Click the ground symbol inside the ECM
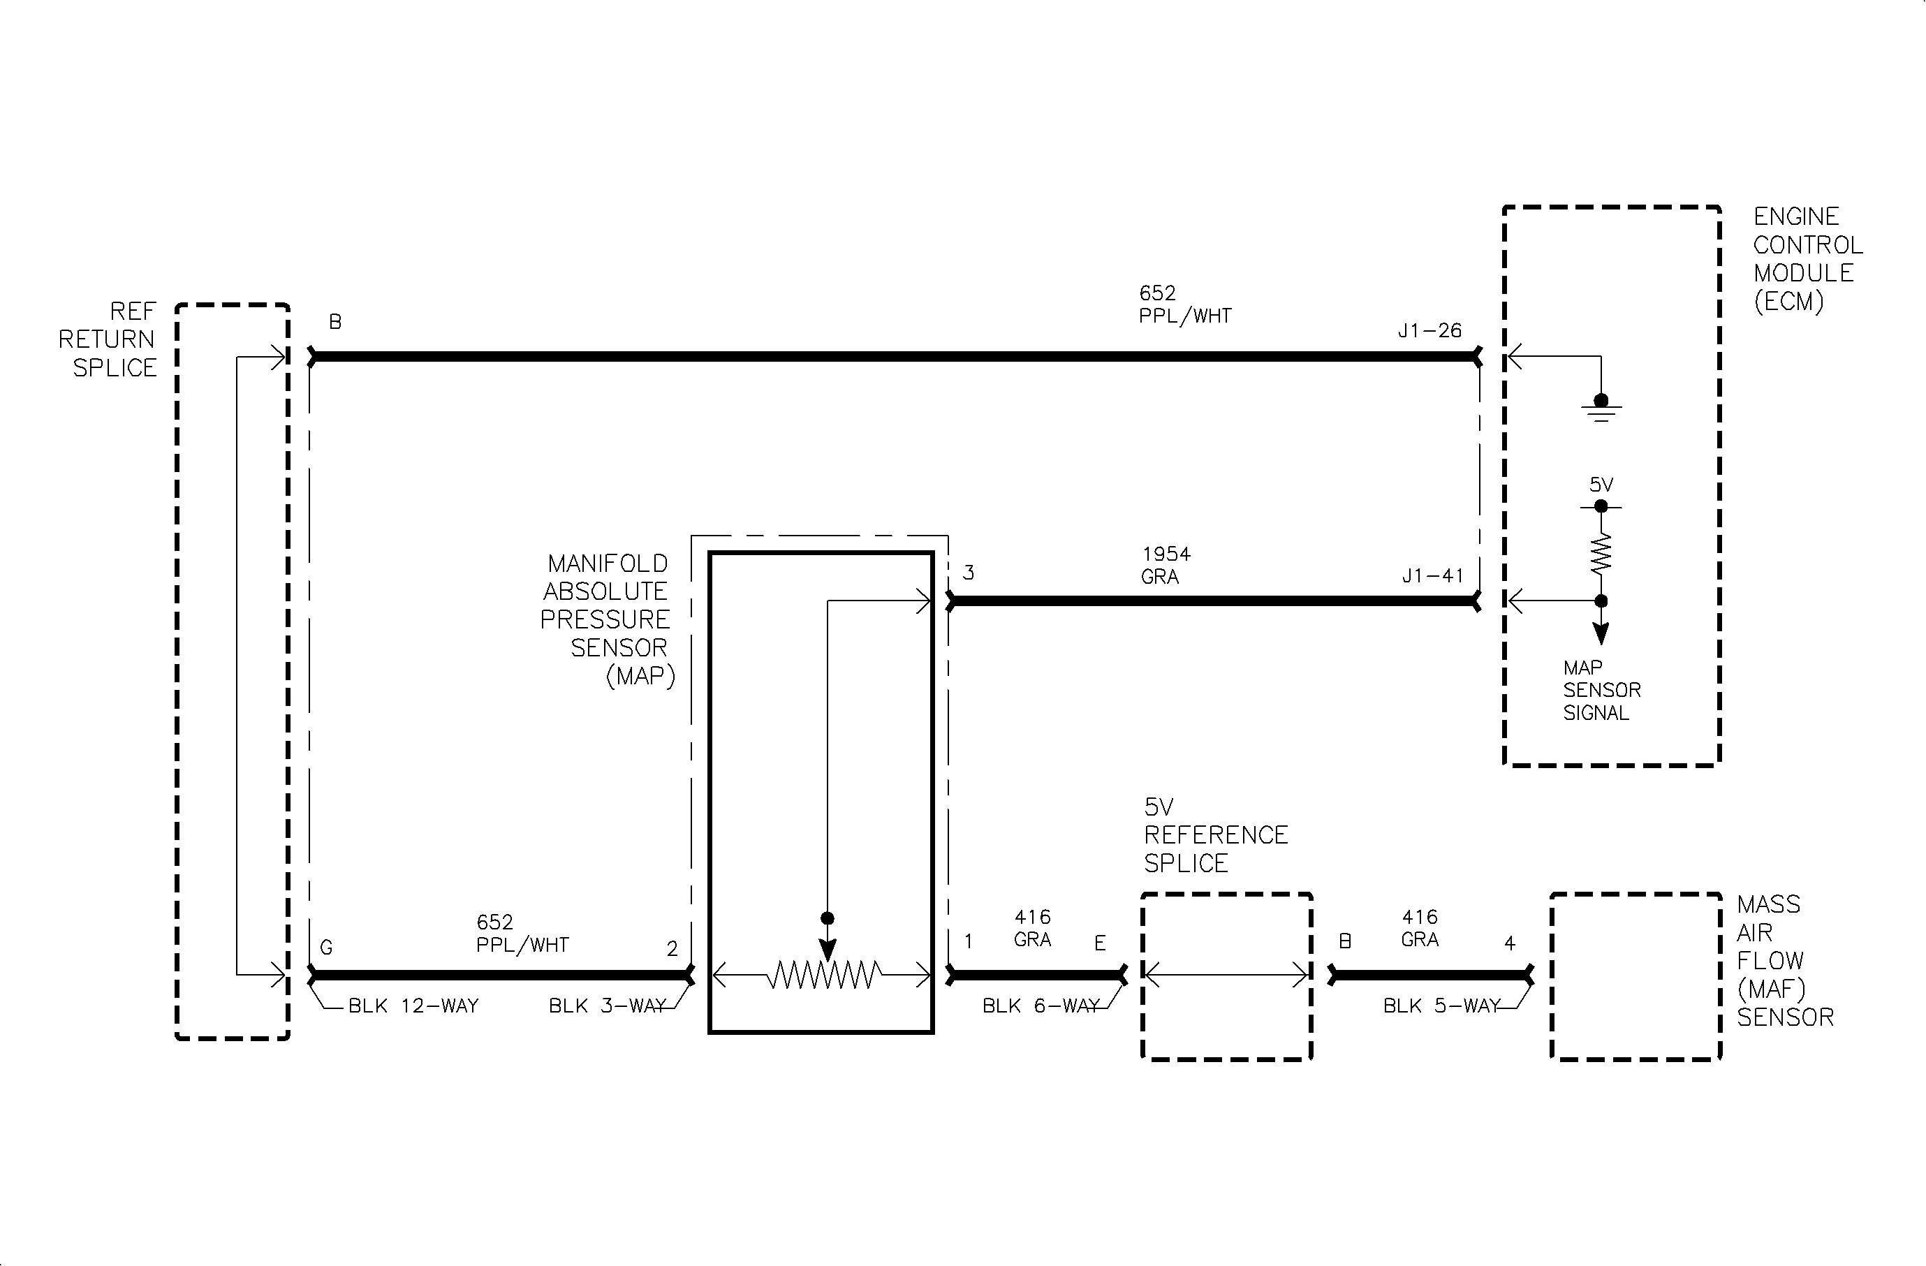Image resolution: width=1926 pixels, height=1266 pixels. pyautogui.click(x=1601, y=408)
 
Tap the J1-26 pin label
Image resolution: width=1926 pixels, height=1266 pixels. pyautogui.click(x=1430, y=331)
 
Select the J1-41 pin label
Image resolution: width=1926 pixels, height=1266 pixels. pyautogui.click(x=1432, y=576)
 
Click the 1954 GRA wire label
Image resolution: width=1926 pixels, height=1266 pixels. pyautogui.click(x=1166, y=566)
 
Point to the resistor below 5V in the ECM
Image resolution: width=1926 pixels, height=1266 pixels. pyautogui.click(x=1601, y=554)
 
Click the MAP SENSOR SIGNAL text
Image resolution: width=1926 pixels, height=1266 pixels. pyautogui.click(x=1601, y=691)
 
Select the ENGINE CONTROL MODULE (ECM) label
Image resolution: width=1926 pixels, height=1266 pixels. pyautogui.click(x=1808, y=259)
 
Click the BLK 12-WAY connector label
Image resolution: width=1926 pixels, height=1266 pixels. pyautogui.click(x=413, y=1006)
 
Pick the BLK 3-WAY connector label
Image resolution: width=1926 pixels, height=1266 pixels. pyautogui.click(x=608, y=1006)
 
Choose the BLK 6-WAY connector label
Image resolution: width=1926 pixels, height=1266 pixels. pyautogui.click(x=1041, y=1006)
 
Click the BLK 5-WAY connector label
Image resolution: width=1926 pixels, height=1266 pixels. pyautogui.click(x=1442, y=1006)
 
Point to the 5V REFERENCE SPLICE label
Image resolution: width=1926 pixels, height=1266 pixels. pyautogui.click(x=1216, y=835)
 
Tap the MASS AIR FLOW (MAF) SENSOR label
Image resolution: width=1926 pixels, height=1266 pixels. pyautogui.click(x=1785, y=960)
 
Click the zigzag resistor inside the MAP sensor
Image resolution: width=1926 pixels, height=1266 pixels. pyautogui.click(x=824, y=975)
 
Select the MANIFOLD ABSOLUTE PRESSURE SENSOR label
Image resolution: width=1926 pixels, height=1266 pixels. pyautogui.click(x=607, y=619)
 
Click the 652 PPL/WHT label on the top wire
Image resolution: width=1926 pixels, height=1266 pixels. pyautogui.click(x=1185, y=304)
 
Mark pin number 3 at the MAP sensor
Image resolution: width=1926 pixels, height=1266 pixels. pyautogui.click(x=968, y=573)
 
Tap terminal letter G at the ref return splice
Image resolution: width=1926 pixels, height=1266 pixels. pyautogui.click(x=326, y=948)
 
